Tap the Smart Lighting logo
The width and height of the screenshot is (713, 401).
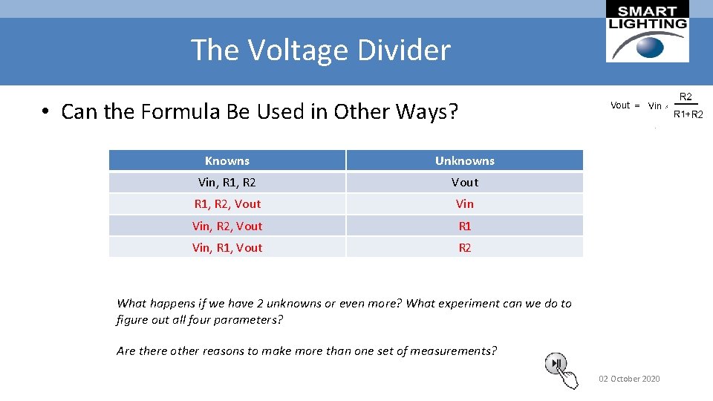[x=647, y=31]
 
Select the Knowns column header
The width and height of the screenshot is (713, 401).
[x=227, y=160]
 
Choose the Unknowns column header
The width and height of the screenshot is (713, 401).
[x=464, y=160]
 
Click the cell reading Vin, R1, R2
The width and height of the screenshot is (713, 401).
[x=227, y=182]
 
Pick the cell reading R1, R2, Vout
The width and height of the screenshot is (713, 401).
[x=227, y=203]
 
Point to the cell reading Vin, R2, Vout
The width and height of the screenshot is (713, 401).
[x=227, y=226]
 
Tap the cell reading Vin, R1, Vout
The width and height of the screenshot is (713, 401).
[x=227, y=247]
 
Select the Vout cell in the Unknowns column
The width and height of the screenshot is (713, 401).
[x=464, y=182]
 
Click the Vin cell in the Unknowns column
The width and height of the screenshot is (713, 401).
[x=464, y=203]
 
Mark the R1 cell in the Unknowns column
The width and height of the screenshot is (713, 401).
[x=464, y=226]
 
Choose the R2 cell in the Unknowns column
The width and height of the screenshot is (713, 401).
[x=464, y=247]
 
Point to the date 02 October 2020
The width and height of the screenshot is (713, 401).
[x=629, y=379]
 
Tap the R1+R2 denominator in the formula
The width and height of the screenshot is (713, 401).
[x=688, y=114]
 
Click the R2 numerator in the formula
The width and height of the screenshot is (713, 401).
[x=686, y=97]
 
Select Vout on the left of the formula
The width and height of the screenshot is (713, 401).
[x=620, y=105]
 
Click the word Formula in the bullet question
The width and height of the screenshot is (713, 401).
[x=172, y=112]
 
